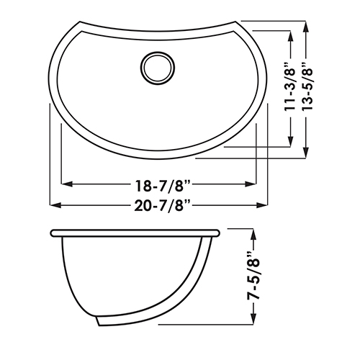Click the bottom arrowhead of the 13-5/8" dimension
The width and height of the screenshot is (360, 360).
tap(307, 154)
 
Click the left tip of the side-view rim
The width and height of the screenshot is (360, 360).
tap(53, 234)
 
